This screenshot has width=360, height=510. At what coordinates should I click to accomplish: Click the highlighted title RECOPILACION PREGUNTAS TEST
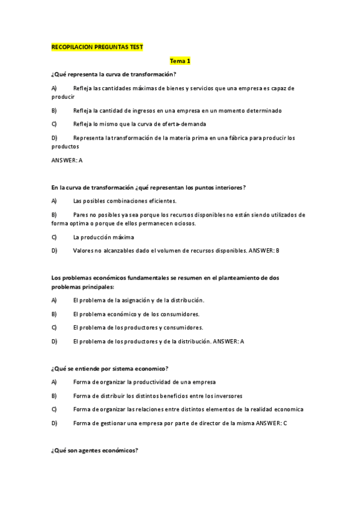pos(97,47)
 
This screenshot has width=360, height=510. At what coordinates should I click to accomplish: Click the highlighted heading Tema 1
pos(180,61)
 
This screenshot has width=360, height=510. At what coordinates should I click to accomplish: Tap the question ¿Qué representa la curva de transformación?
pos(114,74)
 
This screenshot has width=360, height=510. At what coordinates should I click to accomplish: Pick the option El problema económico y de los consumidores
pos(136,314)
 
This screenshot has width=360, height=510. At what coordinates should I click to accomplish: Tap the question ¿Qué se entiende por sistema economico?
pos(110,368)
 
